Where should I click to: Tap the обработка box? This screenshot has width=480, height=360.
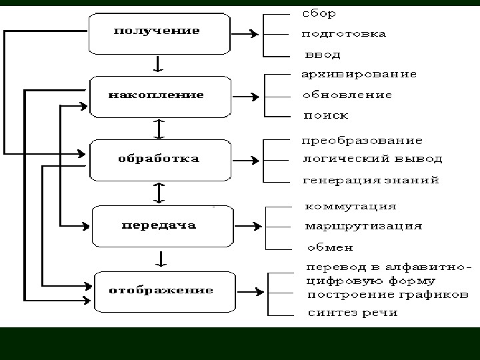pos(158,159)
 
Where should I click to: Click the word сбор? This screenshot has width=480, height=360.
pos(319,13)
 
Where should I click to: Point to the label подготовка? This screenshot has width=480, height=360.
pos(344,34)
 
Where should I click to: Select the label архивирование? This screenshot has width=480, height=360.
pos(359,74)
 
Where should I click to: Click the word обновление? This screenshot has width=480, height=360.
pos(347,95)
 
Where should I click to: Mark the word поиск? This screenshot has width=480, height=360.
pos(326,115)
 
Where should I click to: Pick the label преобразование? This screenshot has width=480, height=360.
pos(362,141)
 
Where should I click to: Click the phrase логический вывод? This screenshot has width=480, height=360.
pos(372,159)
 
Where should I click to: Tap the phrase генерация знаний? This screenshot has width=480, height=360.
pos(371,180)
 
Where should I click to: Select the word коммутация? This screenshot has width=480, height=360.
pos(351,206)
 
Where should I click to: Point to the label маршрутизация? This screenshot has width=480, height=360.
pos(363,226)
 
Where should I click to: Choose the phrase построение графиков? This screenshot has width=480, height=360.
pos(387,295)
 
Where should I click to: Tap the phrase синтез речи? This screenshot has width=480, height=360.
pos(352,313)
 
